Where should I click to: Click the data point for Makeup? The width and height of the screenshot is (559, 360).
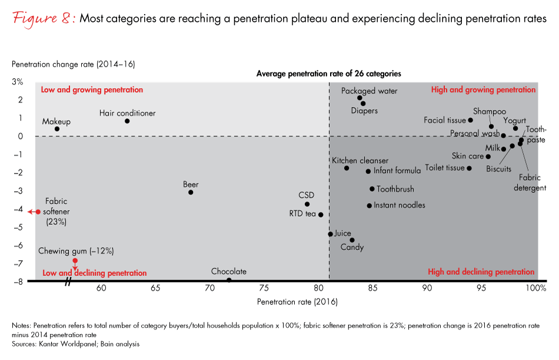pos(57,129)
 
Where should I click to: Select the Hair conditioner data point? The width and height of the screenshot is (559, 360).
pos(127,121)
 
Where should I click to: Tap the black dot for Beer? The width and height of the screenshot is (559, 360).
pos(191,192)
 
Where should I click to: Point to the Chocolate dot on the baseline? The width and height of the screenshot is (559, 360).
pos(229,280)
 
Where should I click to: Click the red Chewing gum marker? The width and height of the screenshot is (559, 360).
pos(75,261)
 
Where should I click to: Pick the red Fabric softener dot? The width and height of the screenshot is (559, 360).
pos(38,212)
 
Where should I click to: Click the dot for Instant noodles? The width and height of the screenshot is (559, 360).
pos(370,206)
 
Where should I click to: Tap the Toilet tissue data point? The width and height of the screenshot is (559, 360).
pos(469,168)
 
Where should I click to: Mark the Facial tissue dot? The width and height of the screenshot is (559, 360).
pos(470,120)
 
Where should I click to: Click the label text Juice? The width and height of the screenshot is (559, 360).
pos(342,234)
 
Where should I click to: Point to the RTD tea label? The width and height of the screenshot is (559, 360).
pos(302,214)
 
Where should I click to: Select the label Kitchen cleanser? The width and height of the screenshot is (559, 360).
pos(360,161)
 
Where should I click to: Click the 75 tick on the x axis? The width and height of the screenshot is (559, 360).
pos(264,289)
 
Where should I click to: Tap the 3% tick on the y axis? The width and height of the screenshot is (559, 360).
pos(18,82)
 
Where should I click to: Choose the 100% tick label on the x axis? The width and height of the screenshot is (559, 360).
pos(536,289)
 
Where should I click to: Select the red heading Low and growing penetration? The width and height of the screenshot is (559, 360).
pos(92,90)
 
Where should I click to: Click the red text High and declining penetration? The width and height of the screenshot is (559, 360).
pos(481,272)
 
